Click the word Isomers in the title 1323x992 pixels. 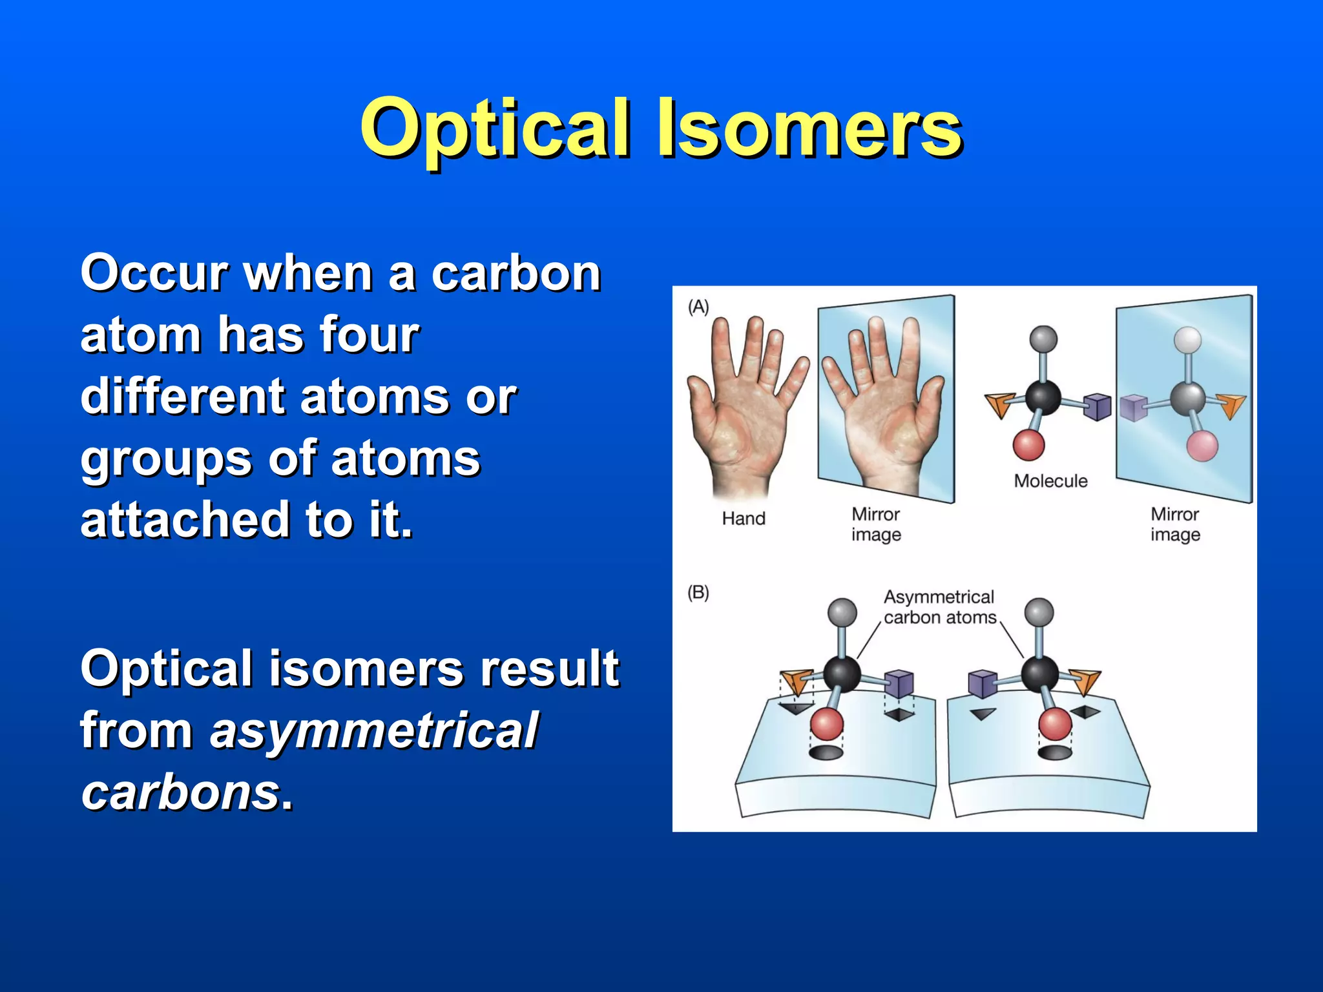[x=810, y=129]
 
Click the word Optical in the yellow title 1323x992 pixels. [x=495, y=129]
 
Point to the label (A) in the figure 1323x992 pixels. [x=698, y=307]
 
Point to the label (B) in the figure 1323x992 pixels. [x=698, y=592]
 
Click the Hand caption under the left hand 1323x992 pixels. [x=744, y=519]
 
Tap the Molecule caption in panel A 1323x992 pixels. [x=1050, y=481]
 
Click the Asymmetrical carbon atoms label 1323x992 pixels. [x=939, y=607]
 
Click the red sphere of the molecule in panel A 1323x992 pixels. [x=1028, y=446]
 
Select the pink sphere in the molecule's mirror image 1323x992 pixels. [x=1202, y=446]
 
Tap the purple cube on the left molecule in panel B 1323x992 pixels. [x=899, y=683]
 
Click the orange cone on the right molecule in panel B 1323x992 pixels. [x=1085, y=682]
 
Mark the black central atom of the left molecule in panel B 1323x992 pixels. [x=842, y=674]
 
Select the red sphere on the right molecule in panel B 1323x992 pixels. [x=1055, y=723]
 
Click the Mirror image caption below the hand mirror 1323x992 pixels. [x=876, y=524]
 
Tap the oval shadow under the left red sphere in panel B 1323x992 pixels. [x=826, y=752]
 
